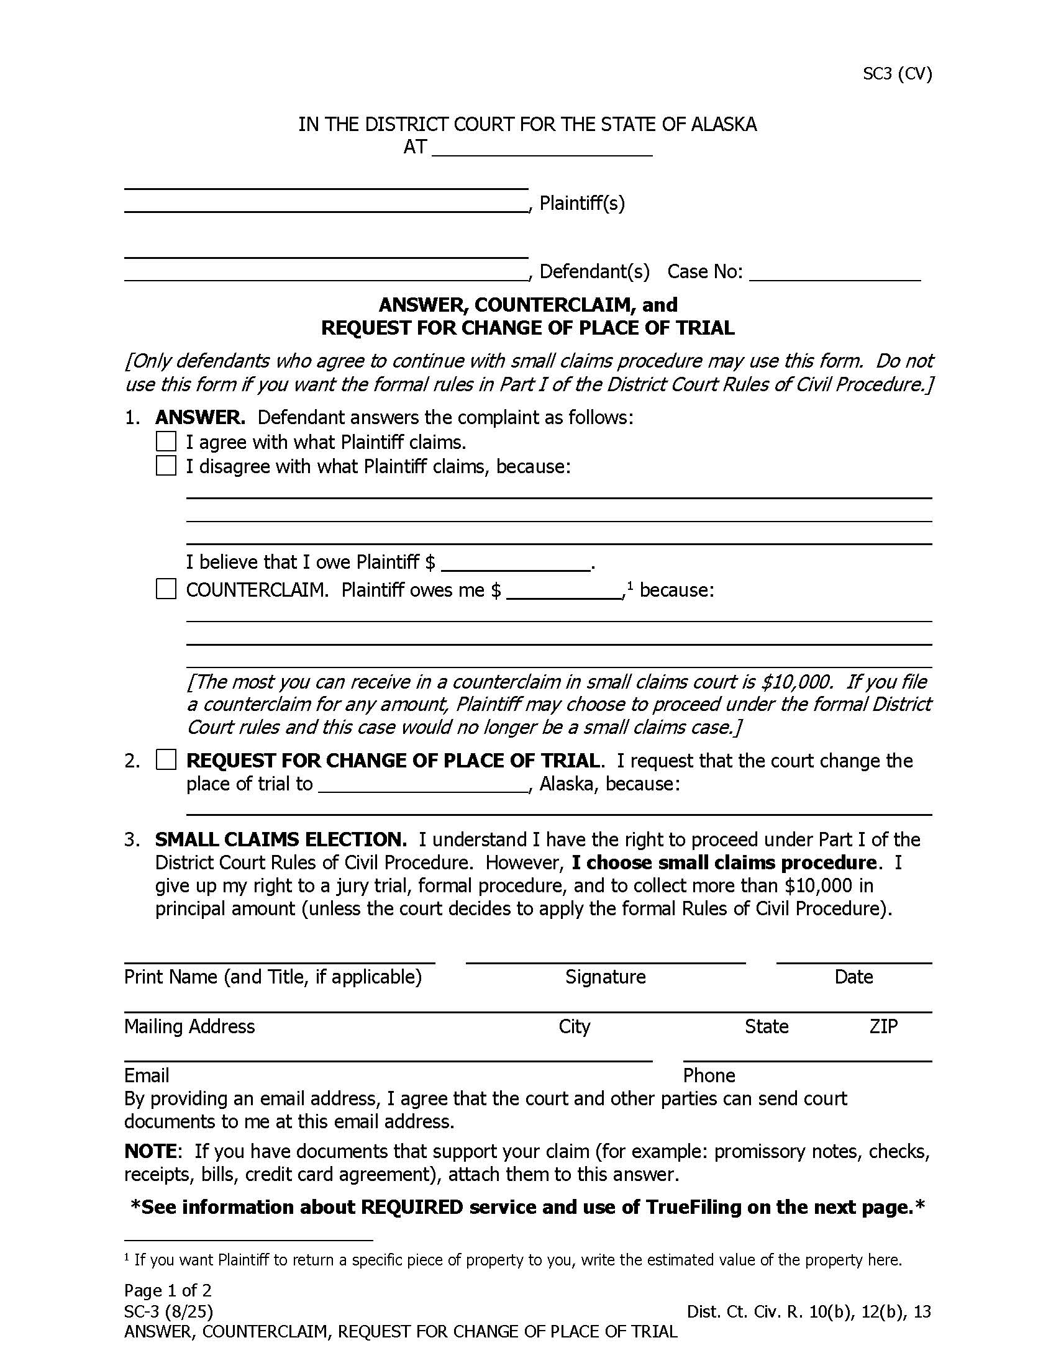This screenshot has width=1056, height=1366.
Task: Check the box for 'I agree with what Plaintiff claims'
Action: pos(166,441)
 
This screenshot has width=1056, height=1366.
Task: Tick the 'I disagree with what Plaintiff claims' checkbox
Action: pos(166,466)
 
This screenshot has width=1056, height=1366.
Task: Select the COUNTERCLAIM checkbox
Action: pos(166,589)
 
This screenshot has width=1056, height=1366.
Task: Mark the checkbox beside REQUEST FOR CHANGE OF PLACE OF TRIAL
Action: pos(166,760)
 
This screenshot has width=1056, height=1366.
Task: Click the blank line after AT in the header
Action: pos(542,149)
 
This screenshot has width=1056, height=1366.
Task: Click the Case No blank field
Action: pos(834,274)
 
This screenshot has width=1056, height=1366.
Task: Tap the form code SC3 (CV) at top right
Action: pos(897,74)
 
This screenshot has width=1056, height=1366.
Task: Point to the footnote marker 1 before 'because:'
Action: pos(630,586)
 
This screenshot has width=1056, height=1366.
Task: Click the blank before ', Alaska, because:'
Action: pos(424,786)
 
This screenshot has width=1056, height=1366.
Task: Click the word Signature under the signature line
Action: pos(605,977)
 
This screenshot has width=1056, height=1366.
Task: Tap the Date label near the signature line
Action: pos(853,977)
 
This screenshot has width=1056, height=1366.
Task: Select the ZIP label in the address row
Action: pos(883,1026)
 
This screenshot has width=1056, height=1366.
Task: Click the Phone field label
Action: pos(709,1075)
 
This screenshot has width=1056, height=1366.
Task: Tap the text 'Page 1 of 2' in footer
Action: pos(168,1290)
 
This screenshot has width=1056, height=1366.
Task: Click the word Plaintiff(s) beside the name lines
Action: pos(582,203)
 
